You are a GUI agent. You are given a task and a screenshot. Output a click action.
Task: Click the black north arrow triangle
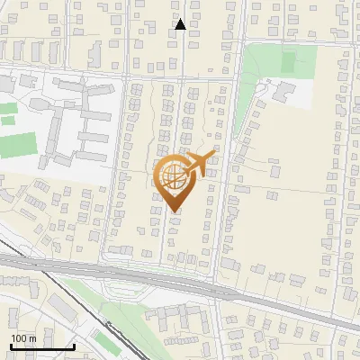click(x=181, y=24)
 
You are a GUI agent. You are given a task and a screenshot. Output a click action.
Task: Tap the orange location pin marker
click(x=173, y=184)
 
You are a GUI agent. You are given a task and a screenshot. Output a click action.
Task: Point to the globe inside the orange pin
click(x=173, y=177)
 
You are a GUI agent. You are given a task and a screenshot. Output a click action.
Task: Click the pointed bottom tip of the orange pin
click(x=174, y=212)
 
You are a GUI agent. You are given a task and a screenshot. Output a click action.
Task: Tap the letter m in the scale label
click(x=33, y=338)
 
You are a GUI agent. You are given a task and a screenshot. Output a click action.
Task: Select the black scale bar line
click(x=42, y=347)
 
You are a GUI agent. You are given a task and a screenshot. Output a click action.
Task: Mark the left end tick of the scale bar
click(x=12, y=346)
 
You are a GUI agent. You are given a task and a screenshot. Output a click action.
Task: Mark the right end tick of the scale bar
click(x=74, y=346)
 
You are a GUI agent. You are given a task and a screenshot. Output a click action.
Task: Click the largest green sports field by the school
click(x=18, y=145)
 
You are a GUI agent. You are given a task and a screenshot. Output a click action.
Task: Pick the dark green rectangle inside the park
click(x=288, y=62)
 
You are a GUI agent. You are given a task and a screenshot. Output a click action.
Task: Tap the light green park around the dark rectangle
click(x=265, y=67)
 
